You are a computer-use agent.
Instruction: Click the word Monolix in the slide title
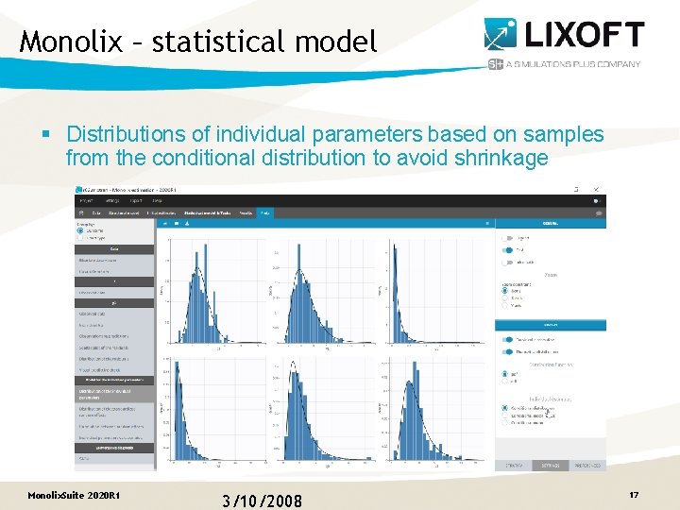tap(71, 42)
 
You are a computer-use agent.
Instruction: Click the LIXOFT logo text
tap(586, 36)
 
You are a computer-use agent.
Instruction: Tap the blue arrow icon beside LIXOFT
tap(501, 34)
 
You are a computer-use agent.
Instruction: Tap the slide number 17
tap(634, 495)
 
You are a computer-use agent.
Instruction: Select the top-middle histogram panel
tap(326, 288)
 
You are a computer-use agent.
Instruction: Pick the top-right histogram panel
tap(436, 288)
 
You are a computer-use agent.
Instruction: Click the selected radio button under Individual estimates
tap(503, 409)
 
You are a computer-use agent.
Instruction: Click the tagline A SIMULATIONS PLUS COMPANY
tap(573, 64)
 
